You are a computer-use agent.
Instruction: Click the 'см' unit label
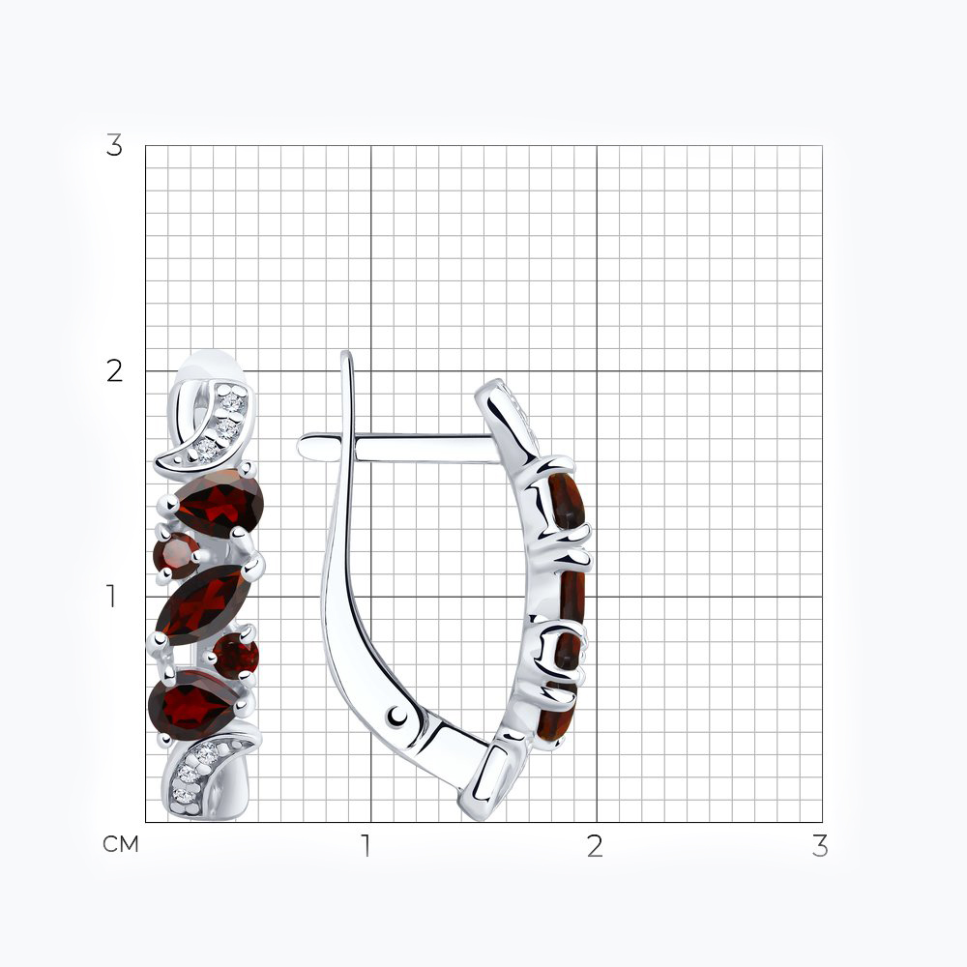pyautogui.click(x=120, y=844)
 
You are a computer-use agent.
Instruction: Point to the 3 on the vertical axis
pyautogui.click(x=114, y=146)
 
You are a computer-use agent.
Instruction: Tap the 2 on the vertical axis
pyautogui.click(x=114, y=371)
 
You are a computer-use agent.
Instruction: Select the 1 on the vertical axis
pyautogui.click(x=111, y=597)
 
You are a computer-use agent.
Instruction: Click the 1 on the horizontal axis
pyautogui.click(x=366, y=846)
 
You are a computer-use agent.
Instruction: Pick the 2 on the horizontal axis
pyautogui.click(x=595, y=846)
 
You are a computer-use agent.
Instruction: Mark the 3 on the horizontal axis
pyautogui.click(x=820, y=846)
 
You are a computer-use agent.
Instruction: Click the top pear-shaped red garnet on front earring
pyautogui.click(x=218, y=503)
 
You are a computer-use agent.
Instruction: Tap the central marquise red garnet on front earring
pyautogui.click(x=203, y=604)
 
